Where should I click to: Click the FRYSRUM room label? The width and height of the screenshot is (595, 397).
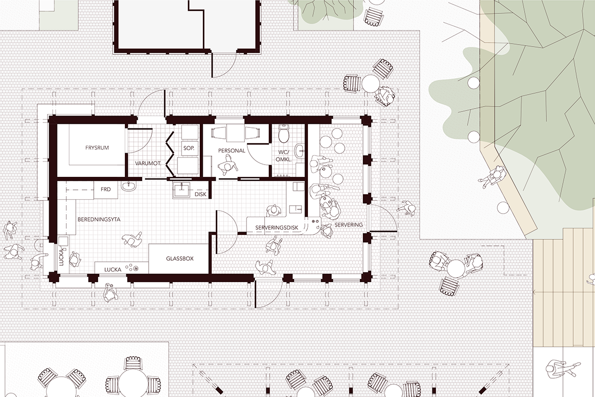coord(97,148)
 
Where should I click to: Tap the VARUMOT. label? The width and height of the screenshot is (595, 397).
coord(148,164)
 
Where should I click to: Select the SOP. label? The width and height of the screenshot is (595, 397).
coord(189,148)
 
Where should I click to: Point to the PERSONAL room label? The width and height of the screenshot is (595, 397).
coord(232,151)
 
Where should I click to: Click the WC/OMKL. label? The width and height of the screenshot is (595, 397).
coord(284,156)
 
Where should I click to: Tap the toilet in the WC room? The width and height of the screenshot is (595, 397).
coord(284,134)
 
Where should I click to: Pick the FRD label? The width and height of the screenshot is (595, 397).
coord(106,189)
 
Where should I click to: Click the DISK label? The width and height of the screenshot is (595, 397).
coord(200,194)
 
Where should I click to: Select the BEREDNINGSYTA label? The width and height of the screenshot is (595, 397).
coord(99,220)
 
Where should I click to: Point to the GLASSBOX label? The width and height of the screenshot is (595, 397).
coord(180,258)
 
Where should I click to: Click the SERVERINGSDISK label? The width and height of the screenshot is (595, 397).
coord(277,227)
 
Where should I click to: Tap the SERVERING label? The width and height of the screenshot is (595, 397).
coord(349,225)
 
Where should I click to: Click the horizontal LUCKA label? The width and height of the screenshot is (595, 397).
coord(113,270)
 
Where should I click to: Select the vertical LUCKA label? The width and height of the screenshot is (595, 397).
coord(61,257)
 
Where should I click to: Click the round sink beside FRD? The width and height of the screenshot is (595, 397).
coord(129,186)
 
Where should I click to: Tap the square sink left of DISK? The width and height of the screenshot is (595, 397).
coord(182,190)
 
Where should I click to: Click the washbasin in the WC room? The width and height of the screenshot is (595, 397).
coord(300,150)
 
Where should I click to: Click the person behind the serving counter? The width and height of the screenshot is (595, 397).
coord(274,211)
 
